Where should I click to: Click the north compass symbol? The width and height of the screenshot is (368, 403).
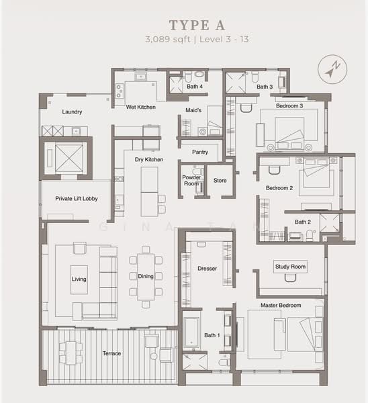[x=332, y=69]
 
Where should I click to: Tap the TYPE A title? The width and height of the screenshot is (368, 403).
[x=197, y=26]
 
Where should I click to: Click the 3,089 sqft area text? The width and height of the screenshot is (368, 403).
[x=168, y=40]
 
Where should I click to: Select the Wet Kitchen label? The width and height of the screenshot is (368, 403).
[x=141, y=107]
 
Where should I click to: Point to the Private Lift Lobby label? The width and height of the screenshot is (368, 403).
[x=77, y=198]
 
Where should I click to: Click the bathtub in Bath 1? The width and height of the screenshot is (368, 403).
[x=191, y=332]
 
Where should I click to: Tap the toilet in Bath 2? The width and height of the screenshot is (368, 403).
[x=310, y=235]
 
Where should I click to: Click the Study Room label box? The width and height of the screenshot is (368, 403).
[x=290, y=267]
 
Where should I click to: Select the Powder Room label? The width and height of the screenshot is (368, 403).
[x=191, y=181]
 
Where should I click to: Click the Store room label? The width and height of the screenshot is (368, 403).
[x=220, y=181]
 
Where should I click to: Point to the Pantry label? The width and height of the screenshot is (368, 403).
[x=200, y=152]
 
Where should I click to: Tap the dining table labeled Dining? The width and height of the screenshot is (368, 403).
[x=146, y=277]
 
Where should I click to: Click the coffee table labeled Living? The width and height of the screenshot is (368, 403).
[x=79, y=279]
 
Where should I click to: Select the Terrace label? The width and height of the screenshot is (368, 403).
[x=111, y=353]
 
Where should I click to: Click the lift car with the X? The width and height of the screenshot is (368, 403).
[x=69, y=158]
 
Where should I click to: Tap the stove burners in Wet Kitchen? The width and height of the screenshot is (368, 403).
[x=119, y=91]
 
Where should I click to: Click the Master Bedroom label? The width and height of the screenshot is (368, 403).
[x=281, y=306]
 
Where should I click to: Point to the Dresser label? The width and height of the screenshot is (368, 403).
[x=207, y=268]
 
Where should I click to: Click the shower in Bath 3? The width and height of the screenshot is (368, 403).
[x=236, y=83]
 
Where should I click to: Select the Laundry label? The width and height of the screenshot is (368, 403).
[x=72, y=111]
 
